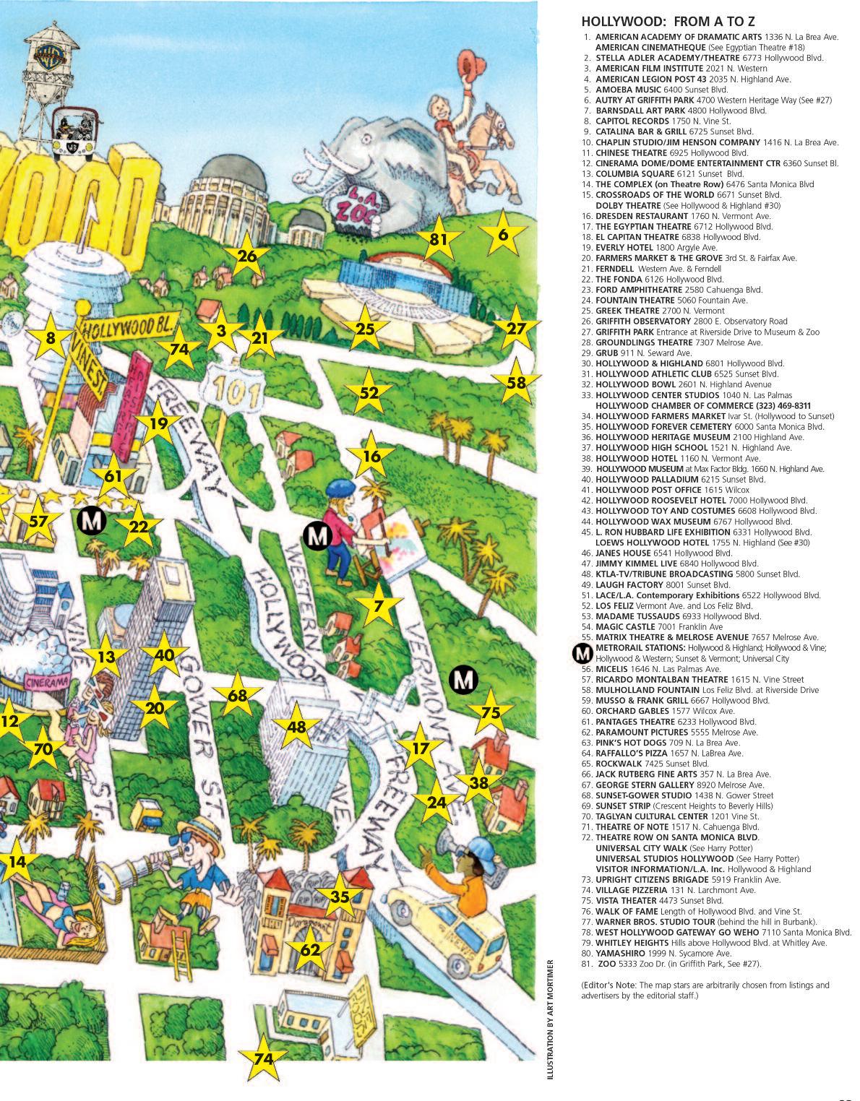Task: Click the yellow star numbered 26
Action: point(247,256)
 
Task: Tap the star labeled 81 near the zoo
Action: point(438,239)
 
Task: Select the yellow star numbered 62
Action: point(310,949)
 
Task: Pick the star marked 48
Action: point(297,727)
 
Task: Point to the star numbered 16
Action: point(371,456)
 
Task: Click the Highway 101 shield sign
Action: point(230,390)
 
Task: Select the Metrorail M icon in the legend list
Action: point(582,653)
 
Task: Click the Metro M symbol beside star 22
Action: point(91,519)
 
